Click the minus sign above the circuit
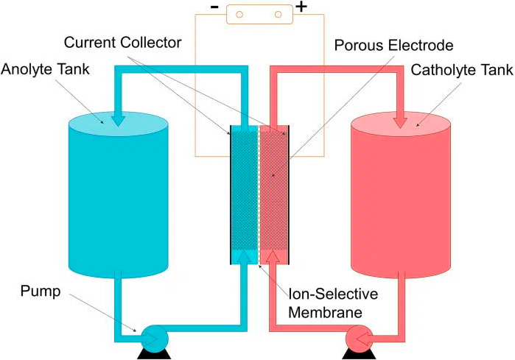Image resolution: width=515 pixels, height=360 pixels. coord(214,10)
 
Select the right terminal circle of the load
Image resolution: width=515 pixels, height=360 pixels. coord(278,13)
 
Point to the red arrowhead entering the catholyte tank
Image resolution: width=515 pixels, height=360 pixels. coord(399,118)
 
